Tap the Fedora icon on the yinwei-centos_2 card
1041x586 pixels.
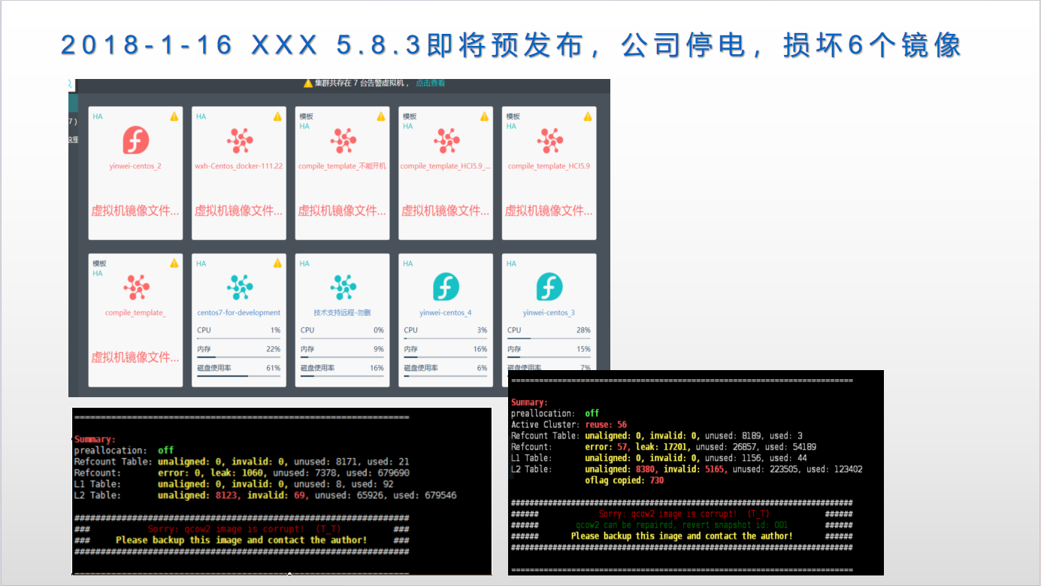tap(136, 140)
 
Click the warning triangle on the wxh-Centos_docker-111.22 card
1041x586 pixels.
tap(277, 117)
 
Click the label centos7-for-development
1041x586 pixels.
tap(239, 313)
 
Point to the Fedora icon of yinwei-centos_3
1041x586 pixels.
tap(549, 287)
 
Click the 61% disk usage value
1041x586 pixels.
tap(273, 369)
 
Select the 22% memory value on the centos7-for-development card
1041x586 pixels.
tap(273, 350)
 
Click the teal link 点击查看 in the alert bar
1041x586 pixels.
tap(430, 83)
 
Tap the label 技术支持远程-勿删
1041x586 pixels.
tap(342, 313)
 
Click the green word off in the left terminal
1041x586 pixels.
tap(165, 451)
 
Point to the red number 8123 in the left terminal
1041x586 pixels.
tap(228, 496)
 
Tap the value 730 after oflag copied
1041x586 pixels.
tap(656, 481)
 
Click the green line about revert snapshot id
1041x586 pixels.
tap(681, 525)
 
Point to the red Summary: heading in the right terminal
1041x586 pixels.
tap(529, 403)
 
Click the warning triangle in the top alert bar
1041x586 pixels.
tap(308, 83)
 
